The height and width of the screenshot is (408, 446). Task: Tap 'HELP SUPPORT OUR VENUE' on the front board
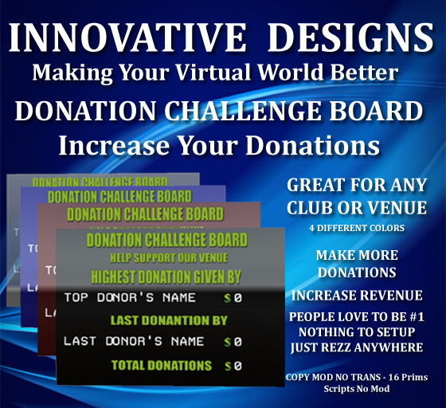[169, 258]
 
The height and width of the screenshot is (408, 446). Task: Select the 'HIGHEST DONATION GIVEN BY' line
[169, 277]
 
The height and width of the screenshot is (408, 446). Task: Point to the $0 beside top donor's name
[233, 300]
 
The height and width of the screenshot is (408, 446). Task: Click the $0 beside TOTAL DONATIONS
[233, 366]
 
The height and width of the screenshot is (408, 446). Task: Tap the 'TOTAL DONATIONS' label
[162, 366]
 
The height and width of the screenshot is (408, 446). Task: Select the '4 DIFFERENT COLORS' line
[357, 228]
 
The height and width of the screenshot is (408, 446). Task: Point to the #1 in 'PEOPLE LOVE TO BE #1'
[412, 316]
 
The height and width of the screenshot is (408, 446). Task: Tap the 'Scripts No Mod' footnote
[356, 390]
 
